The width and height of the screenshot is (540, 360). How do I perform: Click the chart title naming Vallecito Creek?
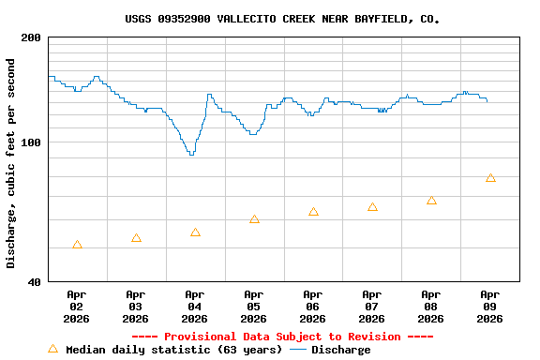(x=282, y=18)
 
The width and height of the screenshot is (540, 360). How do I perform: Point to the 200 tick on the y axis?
(x=31, y=37)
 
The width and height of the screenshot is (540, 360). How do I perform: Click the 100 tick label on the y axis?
(x=31, y=142)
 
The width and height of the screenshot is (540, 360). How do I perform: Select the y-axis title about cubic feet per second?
(x=11, y=163)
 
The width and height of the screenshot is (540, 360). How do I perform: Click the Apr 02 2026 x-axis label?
(x=77, y=307)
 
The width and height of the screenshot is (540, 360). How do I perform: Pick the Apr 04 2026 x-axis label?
(x=195, y=307)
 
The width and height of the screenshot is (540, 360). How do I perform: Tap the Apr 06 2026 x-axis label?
(x=313, y=307)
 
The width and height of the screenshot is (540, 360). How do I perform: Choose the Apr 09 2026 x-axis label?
(x=489, y=307)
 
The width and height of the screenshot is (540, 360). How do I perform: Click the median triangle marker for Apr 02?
(x=77, y=245)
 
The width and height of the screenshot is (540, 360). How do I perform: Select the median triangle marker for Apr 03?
(x=136, y=238)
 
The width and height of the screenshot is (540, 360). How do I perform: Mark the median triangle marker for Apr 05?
(x=254, y=219)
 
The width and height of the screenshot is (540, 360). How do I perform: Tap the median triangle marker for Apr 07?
(x=372, y=207)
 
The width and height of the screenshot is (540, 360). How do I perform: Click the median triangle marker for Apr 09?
(x=490, y=178)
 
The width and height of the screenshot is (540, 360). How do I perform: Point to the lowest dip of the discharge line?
(x=191, y=154)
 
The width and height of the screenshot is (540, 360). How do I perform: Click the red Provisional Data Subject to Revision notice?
(x=282, y=337)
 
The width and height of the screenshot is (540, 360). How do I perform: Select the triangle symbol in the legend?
(x=52, y=349)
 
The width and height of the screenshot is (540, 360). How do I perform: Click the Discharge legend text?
(x=340, y=350)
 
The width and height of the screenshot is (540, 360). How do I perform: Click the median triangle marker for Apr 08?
(x=431, y=201)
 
